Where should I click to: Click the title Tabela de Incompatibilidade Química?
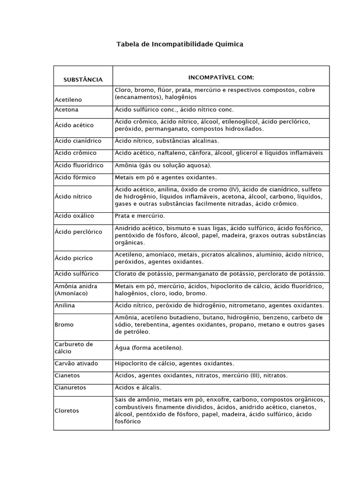click(180, 44)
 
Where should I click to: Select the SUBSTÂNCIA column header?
click(83, 80)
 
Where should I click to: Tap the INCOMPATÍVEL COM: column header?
click(220, 76)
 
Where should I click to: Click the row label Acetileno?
click(68, 100)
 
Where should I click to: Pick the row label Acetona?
click(67, 110)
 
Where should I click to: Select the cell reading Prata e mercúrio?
click(140, 216)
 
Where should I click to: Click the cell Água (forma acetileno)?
click(149, 348)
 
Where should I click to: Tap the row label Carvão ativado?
click(75, 363)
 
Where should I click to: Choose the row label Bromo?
click(64, 324)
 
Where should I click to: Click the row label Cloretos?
click(67, 411)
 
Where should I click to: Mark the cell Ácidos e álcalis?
click(138, 388)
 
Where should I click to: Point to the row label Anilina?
click(65, 305)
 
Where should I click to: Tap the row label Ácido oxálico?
click(74, 216)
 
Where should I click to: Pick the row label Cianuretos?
click(70, 388)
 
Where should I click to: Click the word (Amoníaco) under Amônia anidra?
click(71, 293)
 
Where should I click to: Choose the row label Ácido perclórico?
click(78, 232)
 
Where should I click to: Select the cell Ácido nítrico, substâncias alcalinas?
click(166, 141)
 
